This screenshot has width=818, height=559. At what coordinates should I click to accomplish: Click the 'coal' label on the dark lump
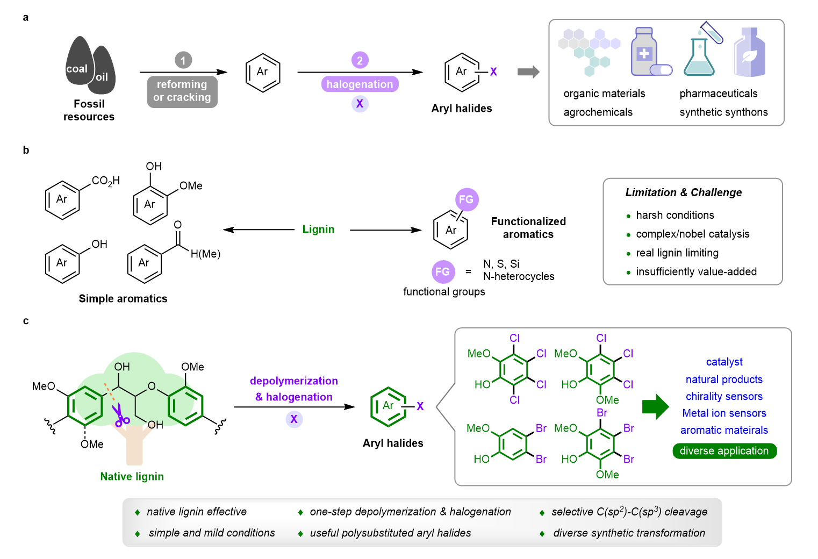(x=77, y=69)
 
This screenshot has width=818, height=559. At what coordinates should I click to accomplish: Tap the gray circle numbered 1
(x=183, y=60)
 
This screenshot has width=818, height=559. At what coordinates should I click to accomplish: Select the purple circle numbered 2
(x=360, y=60)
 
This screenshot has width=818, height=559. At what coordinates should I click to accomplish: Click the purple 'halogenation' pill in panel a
(x=360, y=84)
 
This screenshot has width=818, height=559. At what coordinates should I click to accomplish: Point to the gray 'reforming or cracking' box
(x=182, y=91)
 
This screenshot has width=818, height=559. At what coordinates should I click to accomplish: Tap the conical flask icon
(x=699, y=56)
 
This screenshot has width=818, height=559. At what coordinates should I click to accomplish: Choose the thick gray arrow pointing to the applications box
(x=528, y=72)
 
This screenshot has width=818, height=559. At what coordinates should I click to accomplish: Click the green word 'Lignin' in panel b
(x=318, y=230)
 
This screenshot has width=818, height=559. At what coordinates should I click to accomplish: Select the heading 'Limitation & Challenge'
(x=683, y=192)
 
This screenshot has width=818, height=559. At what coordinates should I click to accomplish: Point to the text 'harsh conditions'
(x=675, y=215)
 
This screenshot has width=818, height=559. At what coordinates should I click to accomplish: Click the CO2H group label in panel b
(x=105, y=181)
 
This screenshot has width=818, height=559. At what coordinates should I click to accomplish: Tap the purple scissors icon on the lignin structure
(x=120, y=416)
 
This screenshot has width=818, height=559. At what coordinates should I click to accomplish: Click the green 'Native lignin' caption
(x=132, y=476)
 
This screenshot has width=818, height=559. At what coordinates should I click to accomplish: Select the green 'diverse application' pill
(x=724, y=451)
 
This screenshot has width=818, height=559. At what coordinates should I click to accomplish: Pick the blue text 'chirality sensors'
(x=724, y=396)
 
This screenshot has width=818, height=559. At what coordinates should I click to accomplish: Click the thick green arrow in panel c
(x=655, y=406)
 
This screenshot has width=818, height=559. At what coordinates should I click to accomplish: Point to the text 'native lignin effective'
(x=197, y=512)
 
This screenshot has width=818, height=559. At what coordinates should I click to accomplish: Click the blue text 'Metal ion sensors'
(x=724, y=413)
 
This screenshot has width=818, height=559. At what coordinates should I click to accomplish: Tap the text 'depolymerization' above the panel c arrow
(x=293, y=381)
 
